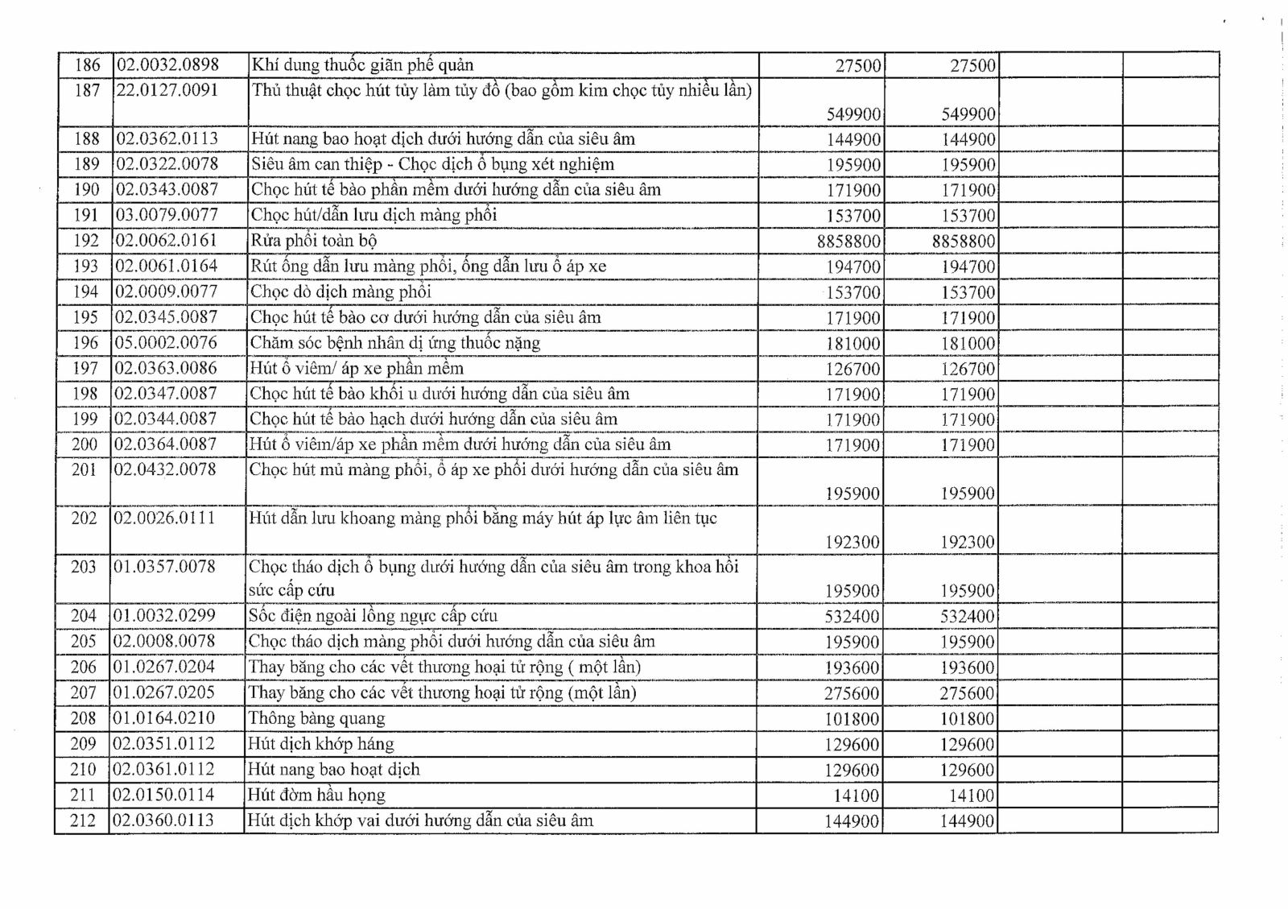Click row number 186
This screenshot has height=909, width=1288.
(87, 65)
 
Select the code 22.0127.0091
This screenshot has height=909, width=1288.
(167, 90)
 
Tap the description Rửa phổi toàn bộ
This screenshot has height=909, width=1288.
(313, 241)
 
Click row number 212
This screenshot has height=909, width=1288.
(83, 821)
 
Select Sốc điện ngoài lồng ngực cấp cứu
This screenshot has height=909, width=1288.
(373, 616)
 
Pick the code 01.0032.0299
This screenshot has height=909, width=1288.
(164, 616)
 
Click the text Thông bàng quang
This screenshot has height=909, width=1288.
(316, 718)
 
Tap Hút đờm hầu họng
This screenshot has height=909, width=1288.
(316, 795)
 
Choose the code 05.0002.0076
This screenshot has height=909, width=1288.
(166, 343)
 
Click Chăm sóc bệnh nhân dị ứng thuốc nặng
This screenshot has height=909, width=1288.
(394, 343)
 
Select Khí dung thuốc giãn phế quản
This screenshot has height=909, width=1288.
(362, 65)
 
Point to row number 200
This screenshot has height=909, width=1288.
(85, 444)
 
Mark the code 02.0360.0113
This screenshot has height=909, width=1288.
(163, 821)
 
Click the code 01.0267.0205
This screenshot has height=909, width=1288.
(164, 692)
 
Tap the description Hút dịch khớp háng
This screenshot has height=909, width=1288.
(321, 744)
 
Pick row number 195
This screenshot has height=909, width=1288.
(85, 317)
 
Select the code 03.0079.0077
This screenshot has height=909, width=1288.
(166, 215)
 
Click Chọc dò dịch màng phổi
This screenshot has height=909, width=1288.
(341, 291)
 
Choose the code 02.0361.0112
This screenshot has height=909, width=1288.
(163, 770)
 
